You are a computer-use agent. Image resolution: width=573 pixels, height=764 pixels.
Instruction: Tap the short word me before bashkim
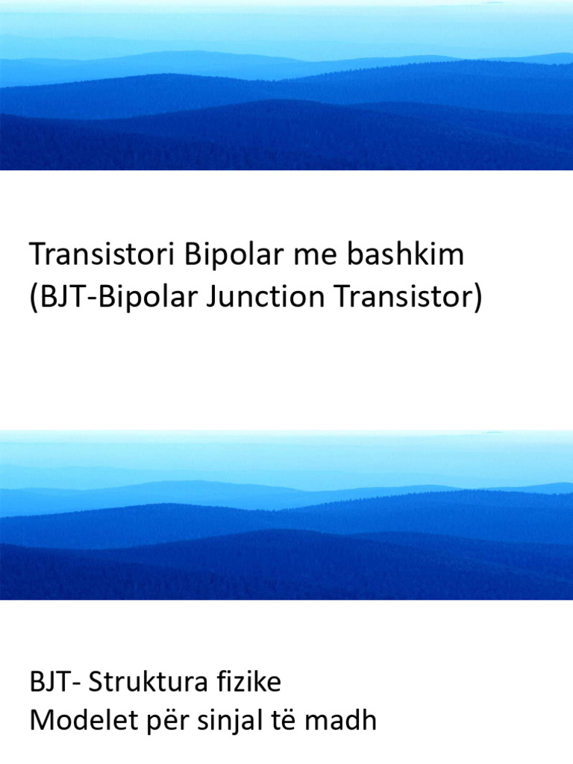pos(316,255)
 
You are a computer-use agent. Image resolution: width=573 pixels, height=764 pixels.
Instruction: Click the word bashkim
pos(404,255)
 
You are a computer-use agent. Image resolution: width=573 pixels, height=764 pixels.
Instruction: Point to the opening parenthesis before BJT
pos(34,298)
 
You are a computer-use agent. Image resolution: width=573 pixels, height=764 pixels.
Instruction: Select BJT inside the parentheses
pos(58,298)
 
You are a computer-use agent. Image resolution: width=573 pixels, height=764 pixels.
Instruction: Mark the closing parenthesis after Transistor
pos(478,298)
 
